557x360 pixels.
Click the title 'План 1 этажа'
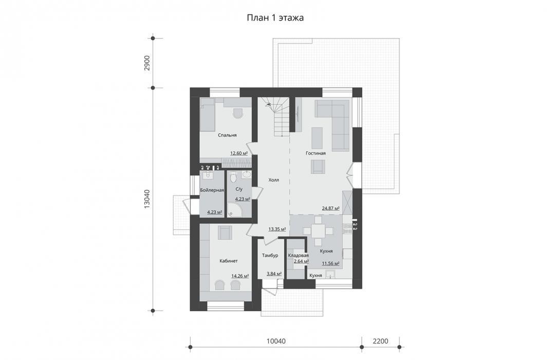tap(275, 18)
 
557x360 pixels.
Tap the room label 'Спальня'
tap(227, 135)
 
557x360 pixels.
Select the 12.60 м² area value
tap(239, 154)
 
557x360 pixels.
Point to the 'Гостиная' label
tap(316, 154)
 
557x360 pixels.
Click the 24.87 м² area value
tap(331, 208)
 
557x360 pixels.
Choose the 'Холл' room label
tap(273, 180)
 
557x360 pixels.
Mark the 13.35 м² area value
tap(277, 229)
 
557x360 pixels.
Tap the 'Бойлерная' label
tap(212, 190)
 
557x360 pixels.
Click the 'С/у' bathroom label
tap(239, 189)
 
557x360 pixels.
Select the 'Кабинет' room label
tap(229, 261)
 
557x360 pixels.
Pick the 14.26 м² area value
tap(240, 276)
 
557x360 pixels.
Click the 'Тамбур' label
tap(270, 256)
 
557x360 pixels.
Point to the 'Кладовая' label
tap(299, 256)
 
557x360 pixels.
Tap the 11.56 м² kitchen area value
tap(331, 264)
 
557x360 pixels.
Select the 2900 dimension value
tap(147, 63)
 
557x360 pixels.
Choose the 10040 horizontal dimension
tap(276, 341)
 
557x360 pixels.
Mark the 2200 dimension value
tap(380, 341)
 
